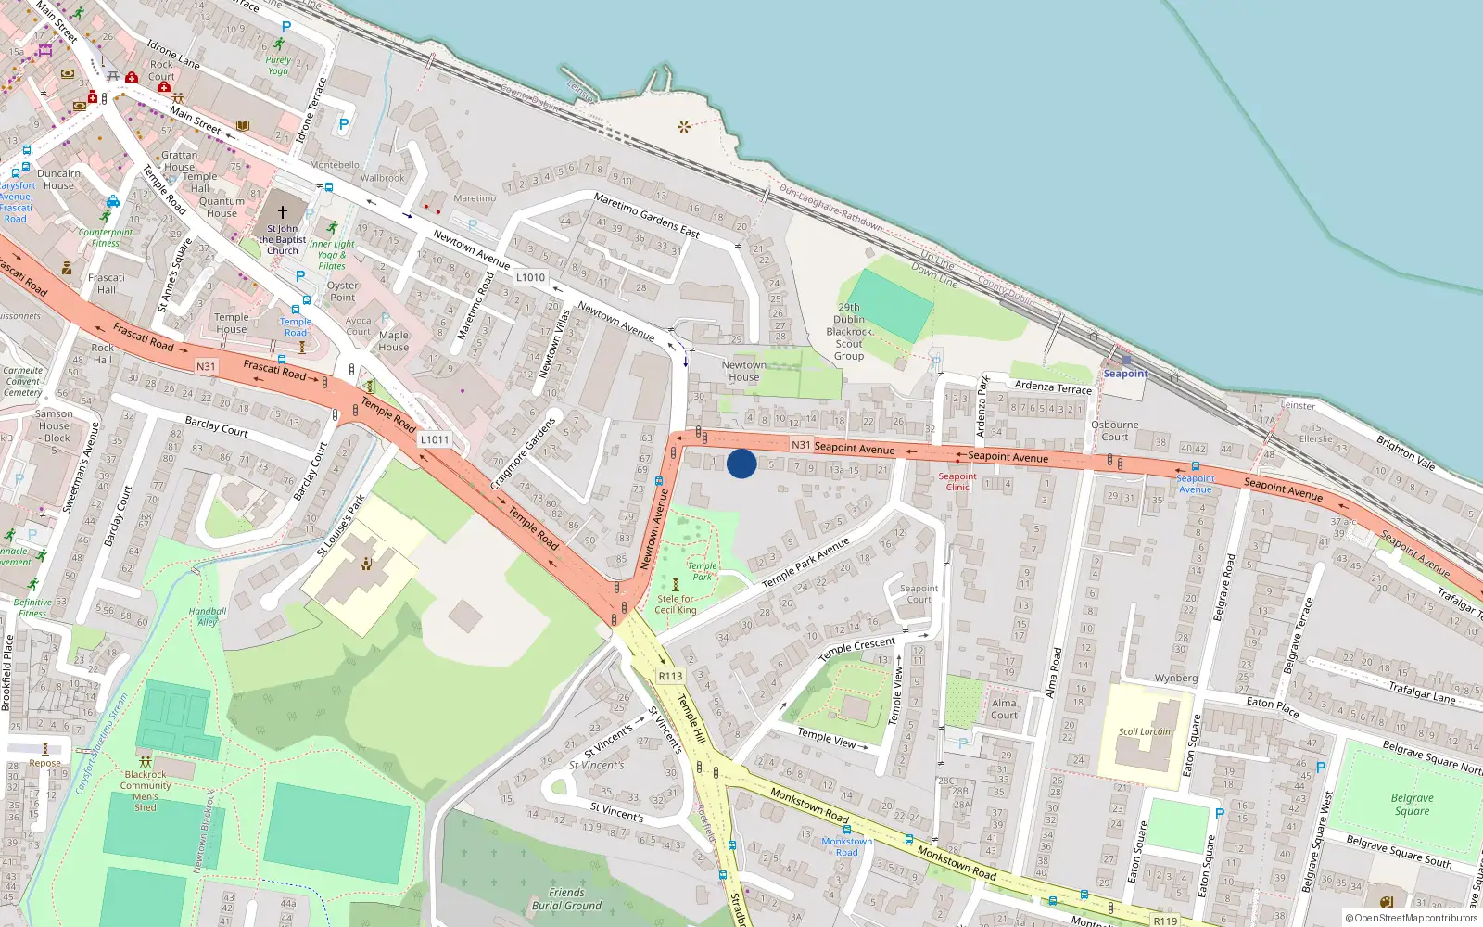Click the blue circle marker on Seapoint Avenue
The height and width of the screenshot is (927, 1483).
[x=741, y=463]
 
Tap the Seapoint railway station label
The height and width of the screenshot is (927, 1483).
[x=1125, y=374]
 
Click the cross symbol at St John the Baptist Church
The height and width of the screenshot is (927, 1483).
[x=283, y=211]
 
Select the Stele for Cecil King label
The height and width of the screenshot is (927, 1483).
[x=676, y=604]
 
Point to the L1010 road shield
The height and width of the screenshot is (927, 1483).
[x=530, y=277]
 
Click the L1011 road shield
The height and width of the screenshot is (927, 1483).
[x=434, y=439]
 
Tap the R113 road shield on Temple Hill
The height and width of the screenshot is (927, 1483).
[x=670, y=676]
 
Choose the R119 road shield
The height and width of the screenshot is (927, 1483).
[x=1165, y=921]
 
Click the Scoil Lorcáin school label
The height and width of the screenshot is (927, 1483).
[x=1144, y=731]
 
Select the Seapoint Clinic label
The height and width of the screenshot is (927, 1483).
[x=957, y=481]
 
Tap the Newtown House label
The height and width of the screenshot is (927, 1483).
[x=743, y=371]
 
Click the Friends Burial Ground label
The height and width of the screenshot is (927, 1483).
[x=566, y=899]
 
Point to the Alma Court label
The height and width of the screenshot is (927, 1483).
[x=1004, y=709]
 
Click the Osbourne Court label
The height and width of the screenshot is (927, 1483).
[x=1115, y=431]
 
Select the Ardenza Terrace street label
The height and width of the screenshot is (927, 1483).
[x=1053, y=387]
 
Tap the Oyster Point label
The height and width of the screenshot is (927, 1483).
[x=342, y=291]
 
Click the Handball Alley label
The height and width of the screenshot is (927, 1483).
[x=208, y=616]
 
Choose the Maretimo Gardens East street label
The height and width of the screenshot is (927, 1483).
[x=646, y=215]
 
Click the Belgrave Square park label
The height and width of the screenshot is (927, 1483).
[x=1412, y=804]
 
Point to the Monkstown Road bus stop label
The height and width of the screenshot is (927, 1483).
[x=846, y=846]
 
